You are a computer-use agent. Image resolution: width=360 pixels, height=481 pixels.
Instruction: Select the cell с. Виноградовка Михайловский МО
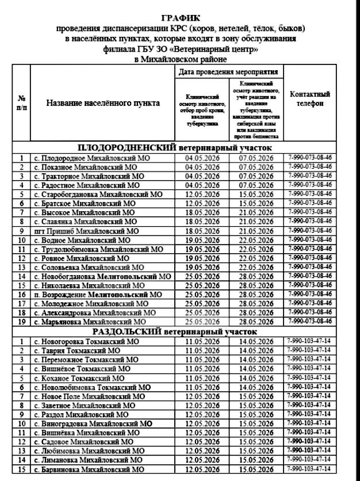92,423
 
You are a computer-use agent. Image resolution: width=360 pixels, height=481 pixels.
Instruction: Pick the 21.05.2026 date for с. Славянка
256,222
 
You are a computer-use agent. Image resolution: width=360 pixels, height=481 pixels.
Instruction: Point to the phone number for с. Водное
309,239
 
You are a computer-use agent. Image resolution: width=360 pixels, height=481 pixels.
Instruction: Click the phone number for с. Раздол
309,414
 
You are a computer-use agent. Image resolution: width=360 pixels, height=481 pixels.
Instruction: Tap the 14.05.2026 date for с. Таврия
256,350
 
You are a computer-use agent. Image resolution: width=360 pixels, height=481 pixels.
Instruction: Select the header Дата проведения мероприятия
229,72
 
